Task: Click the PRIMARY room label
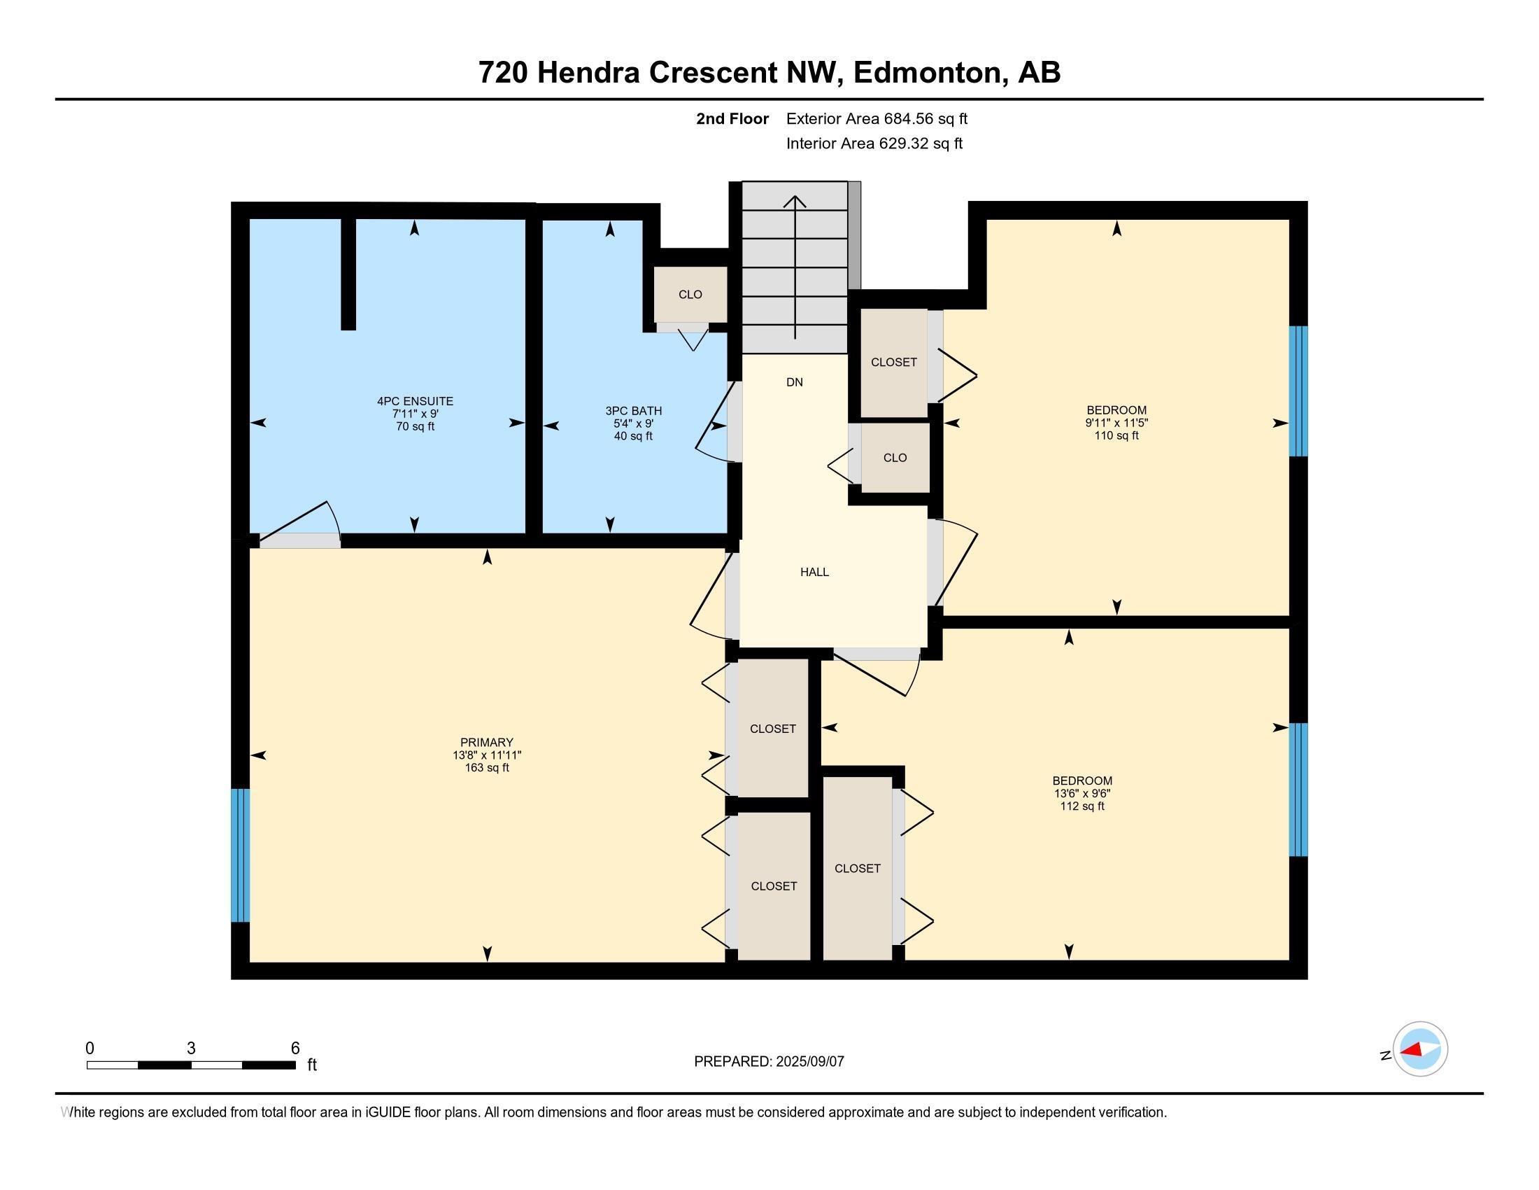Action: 486,742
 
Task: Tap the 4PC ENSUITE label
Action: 415,401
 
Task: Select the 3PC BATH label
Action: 634,411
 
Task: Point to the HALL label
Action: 814,573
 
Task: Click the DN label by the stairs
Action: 794,383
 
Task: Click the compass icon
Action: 1420,1049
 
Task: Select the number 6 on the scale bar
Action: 295,1048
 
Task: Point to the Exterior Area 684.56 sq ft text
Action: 877,118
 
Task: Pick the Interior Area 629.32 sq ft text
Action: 874,143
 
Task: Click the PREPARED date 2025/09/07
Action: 809,1062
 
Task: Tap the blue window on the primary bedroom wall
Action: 240,855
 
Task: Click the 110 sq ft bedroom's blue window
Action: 1298,391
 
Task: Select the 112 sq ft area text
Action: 1082,806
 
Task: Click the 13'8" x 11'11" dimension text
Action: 486,755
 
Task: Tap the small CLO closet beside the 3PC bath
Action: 690,295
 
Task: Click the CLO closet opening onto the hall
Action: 895,458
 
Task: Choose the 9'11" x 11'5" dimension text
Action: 1116,423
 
